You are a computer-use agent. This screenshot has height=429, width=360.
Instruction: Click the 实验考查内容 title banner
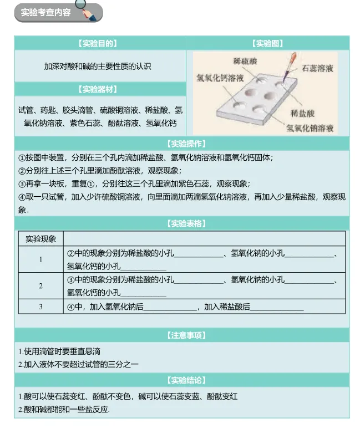(x=47, y=12)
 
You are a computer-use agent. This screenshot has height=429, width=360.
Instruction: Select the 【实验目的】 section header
(x=98, y=43)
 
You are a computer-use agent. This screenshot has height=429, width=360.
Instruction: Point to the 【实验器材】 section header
(x=98, y=89)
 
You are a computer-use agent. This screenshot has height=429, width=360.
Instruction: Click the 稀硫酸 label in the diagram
(x=245, y=60)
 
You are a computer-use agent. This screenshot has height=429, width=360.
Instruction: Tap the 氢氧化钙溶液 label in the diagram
(x=220, y=78)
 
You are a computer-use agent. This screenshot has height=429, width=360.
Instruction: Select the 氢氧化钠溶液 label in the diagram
(x=310, y=128)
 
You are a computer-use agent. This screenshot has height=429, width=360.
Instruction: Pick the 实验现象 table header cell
(x=41, y=239)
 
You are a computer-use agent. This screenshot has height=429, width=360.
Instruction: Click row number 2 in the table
(x=41, y=286)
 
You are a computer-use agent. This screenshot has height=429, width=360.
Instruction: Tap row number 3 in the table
(x=41, y=307)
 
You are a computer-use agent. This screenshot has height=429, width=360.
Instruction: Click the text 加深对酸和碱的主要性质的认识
(x=98, y=66)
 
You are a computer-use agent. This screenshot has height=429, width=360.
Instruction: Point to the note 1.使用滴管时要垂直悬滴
(x=59, y=351)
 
